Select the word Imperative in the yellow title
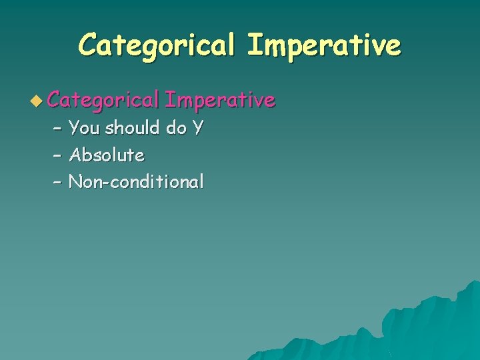click(324, 45)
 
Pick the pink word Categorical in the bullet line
click(103, 100)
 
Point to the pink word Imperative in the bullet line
click(219, 100)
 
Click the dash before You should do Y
click(57, 127)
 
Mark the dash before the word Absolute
click(57, 155)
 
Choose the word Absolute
click(107, 155)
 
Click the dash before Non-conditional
click(57, 182)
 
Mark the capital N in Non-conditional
click(75, 181)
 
